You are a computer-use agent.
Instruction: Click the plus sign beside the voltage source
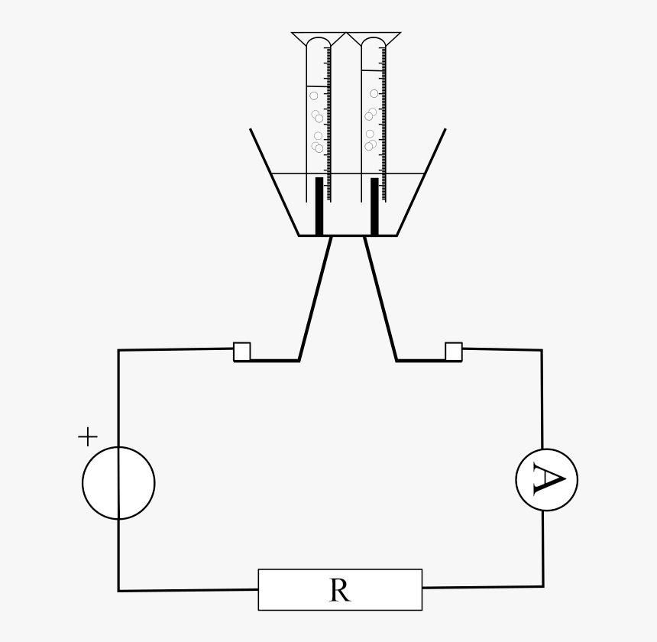click(88, 436)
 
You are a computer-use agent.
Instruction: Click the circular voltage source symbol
click(118, 483)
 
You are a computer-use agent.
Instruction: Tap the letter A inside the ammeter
click(549, 479)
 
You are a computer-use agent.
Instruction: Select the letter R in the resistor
click(340, 590)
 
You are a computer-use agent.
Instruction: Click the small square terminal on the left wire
click(242, 352)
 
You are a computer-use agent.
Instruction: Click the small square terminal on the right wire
click(453, 352)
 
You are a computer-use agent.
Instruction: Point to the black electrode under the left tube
click(319, 206)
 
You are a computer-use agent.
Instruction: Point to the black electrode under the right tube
click(374, 206)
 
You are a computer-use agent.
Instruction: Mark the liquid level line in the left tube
click(317, 86)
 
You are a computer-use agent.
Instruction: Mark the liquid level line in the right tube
click(373, 71)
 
